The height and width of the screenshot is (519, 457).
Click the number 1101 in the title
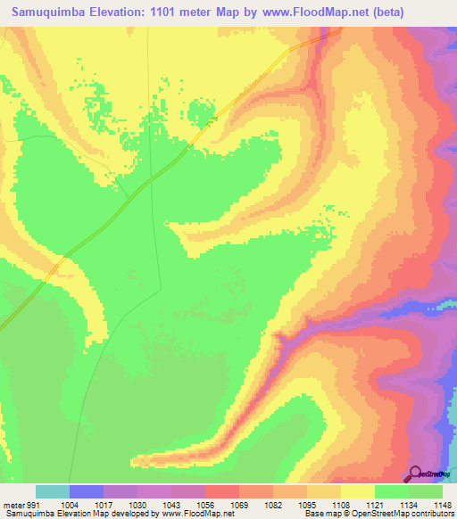(172, 12)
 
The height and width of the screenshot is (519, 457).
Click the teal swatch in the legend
(53, 491)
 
